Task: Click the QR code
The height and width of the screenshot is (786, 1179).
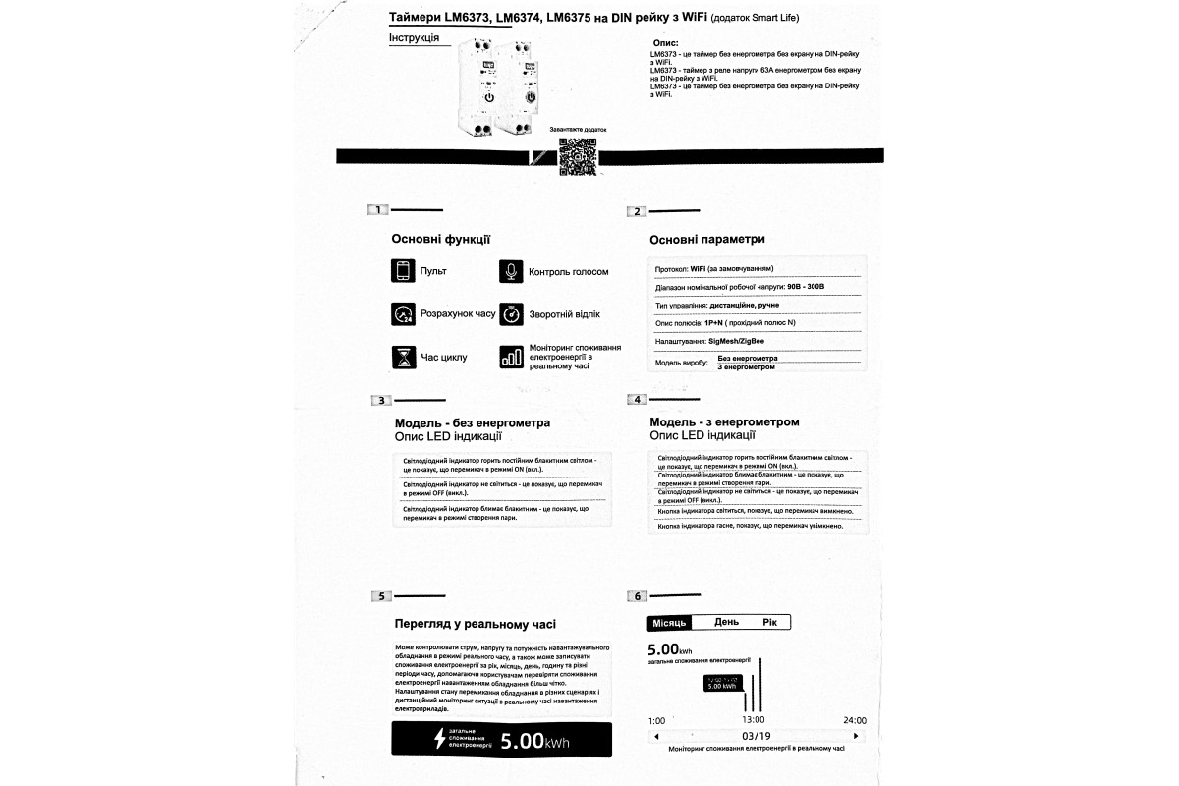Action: coord(577,157)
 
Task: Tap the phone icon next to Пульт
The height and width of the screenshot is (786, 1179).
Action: coord(403,271)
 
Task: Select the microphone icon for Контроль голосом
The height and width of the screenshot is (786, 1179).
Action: coord(510,271)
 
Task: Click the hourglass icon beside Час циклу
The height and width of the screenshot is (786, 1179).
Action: coord(403,357)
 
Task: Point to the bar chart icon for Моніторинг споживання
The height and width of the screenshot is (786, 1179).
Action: coord(511,357)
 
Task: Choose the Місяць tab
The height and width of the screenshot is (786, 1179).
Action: coord(669,622)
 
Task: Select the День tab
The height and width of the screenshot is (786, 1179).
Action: coord(726,622)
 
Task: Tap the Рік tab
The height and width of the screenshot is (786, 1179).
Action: coord(769,622)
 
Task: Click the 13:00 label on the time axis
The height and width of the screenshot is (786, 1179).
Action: coord(753,720)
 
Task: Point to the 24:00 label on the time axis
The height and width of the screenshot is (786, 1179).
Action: coord(855,720)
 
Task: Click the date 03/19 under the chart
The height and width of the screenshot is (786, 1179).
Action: coord(756,735)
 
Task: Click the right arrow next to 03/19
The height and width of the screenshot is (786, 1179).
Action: coord(856,735)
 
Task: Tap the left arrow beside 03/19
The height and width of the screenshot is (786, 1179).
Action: coord(654,735)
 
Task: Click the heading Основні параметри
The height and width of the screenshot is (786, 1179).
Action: coord(706,239)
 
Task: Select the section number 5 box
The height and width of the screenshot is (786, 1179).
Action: coord(381,596)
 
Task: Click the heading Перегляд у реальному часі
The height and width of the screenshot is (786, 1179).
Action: coord(475,623)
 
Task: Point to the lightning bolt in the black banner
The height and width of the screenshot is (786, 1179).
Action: coord(438,739)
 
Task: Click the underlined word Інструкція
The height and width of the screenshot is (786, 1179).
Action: coord(414,38)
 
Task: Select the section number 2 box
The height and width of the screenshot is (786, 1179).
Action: coord(638,211)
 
